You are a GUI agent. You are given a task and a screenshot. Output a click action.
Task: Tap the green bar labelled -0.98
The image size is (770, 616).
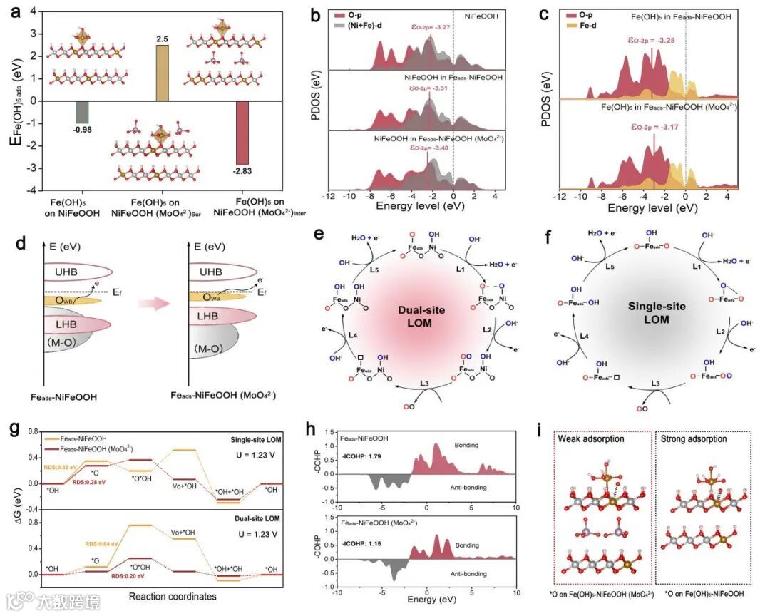[82, 111]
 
